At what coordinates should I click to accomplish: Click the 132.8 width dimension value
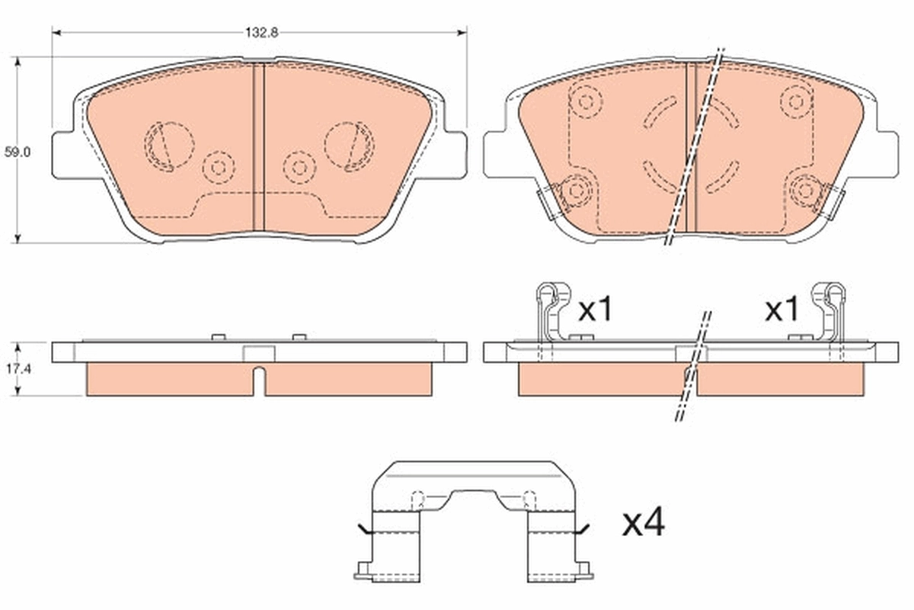259,33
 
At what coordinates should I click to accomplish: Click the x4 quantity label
644,524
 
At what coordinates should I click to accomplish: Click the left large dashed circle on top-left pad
168,143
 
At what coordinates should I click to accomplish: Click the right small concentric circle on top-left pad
299,166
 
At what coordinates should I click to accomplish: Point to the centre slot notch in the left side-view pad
259,379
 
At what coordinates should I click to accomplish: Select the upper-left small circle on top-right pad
586,101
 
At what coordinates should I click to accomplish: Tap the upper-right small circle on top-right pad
796,101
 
